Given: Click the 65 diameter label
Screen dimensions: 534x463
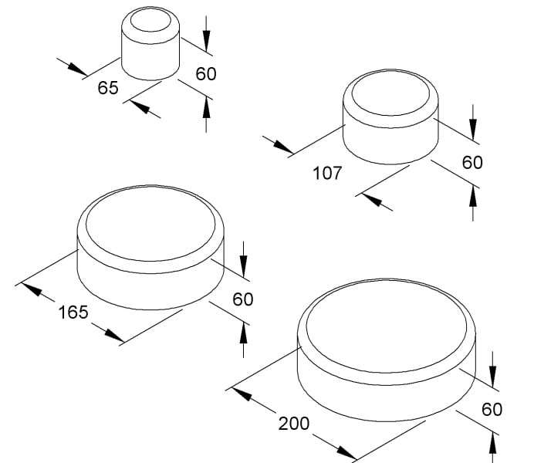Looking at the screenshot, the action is [108, 88].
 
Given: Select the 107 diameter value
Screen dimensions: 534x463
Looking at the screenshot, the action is [327, 173].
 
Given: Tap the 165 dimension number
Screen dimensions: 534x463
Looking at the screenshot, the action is [73, 313].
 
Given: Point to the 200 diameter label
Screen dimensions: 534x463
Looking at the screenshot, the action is [294, 424].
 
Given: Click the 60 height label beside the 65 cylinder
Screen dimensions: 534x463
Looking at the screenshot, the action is [206, 74].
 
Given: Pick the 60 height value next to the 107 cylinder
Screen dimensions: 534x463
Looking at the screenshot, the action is [472, 162].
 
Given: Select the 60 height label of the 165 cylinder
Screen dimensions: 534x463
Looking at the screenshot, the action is [243, 299].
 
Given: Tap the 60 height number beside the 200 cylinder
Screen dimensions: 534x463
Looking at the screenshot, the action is [492, 409].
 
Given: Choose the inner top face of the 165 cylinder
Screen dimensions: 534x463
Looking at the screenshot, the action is [150, 224].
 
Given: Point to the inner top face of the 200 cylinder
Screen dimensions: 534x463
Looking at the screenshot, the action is [387, 327].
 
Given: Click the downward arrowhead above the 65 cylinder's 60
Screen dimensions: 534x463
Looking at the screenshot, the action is [206, 41].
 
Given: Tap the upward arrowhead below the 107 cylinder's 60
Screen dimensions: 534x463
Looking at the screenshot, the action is [473, 196].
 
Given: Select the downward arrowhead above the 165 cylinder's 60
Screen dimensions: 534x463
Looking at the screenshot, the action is [243, 266].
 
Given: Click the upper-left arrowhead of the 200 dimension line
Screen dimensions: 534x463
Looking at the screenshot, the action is [242, 394].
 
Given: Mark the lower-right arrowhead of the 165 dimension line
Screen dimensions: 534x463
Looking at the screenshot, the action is [114, 335].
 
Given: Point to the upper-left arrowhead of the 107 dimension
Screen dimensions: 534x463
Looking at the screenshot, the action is [282, 147].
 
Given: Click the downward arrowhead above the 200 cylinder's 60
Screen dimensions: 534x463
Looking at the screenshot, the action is [492, 377].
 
